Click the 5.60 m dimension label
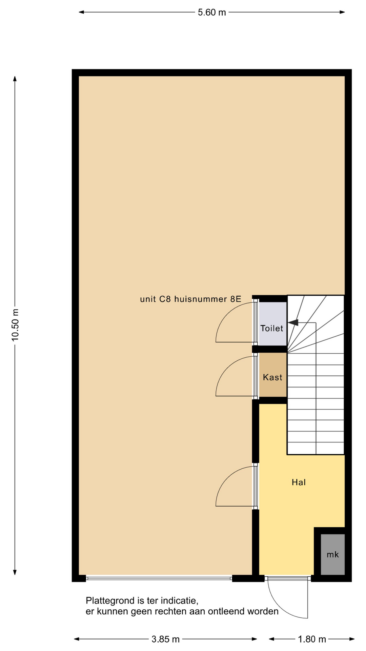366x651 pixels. click(x=212, y=13)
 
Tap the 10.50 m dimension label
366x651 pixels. click(x=15, y=325)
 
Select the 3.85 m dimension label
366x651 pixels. click(x=165, y=639)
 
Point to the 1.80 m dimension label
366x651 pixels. click(x=312, y=639)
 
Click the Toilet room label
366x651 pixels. click(x=272, y=328)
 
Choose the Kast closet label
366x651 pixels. click(x=272, y=377)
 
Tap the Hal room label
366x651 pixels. click(x=299, y=482)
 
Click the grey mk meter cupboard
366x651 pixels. click(x=333, y=554)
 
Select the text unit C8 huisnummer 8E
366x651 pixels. click(x=191, y=299)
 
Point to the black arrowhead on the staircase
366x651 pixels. click(x=293, y=322)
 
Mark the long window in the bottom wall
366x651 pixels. click(x=159, y=578)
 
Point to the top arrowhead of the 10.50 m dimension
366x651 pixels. click(x=15, y=79)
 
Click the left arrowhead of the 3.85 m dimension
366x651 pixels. click(x=77, y=639)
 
